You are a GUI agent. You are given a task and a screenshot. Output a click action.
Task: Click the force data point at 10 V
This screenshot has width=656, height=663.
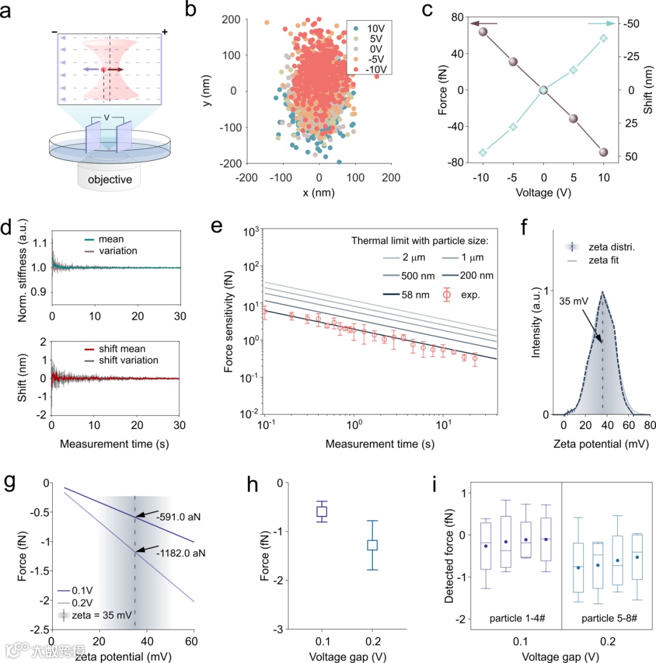click(604, 152)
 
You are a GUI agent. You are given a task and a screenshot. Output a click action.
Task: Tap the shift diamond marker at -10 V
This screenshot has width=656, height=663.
click(483, 153)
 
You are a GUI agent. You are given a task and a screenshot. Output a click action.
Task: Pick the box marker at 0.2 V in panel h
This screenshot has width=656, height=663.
click(372, 544)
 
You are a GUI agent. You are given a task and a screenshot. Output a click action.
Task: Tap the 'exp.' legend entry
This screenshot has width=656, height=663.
click(477, 296)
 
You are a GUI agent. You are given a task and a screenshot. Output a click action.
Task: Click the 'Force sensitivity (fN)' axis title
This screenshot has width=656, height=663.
click(230, 323)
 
